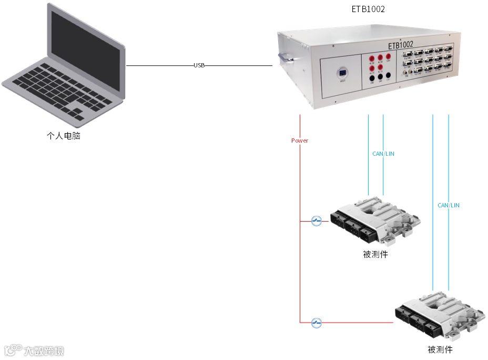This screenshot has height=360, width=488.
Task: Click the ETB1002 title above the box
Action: pyautogui.click(x=368, y=9)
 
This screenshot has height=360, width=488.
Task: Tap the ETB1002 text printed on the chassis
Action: pyautogui.click(x=400, y=45)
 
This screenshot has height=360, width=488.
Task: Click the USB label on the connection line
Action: pyautogui.click(x=199, y=65)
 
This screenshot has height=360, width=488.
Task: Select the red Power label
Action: pyautogui.click(x=300, y=141)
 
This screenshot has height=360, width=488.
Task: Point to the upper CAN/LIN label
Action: pyautogui.click(x=383, y=154)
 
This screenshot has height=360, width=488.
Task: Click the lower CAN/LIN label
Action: pyautogui.click(x=448, y=205)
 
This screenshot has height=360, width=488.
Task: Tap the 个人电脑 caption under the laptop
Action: pyautogui.click(x=64, y=136)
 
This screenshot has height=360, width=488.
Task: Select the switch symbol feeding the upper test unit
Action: pyautogui.click(x=316, y=221)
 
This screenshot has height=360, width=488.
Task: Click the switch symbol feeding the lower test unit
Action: pyautogui.click(x=316, y=322)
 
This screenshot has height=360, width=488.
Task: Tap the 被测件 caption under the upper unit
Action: pyautogui.click(x=375, y=254)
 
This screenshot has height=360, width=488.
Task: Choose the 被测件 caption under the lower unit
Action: pyautogui.click(x=440, y=349)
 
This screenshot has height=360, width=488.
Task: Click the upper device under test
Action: pyautogui.click(x=374, y=219)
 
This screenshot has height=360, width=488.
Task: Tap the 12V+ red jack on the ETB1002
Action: pyautogui.click(x=389, y=57)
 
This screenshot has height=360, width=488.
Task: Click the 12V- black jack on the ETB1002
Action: pyautogui.click(x=388, y=76)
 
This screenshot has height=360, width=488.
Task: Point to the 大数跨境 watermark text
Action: pyautogui.click(x=44, y=351)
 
